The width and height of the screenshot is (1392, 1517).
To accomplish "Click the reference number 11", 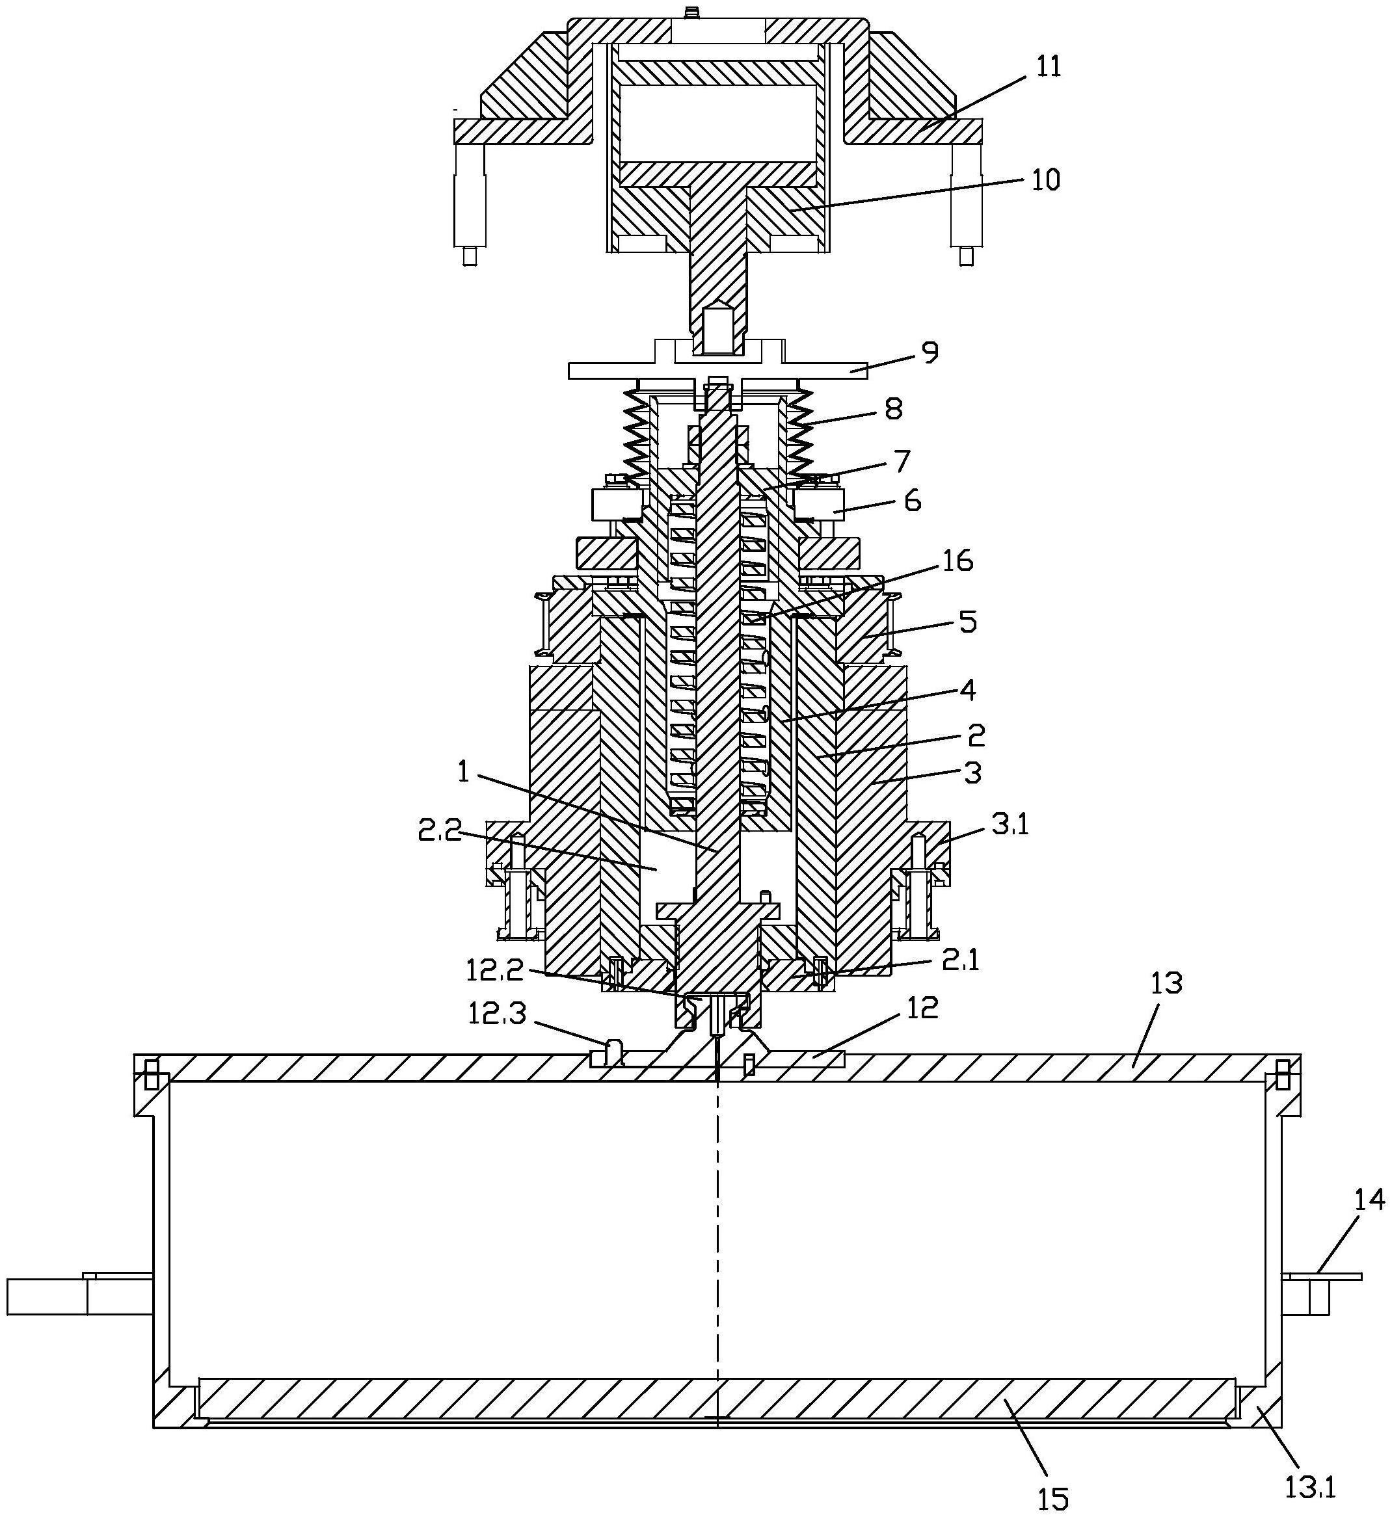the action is pyautogui.click(x=1048, y=67).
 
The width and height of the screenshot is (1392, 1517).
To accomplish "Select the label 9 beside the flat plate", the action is pyautogui.click(x=930, y=352).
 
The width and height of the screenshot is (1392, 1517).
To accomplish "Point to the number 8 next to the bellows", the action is pyautogui.click(x=894, y=409).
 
